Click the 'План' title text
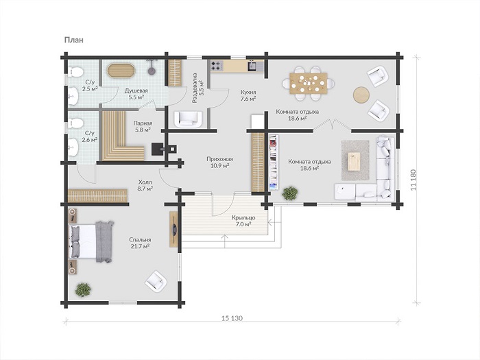(74, 40)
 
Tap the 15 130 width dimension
(232, 318)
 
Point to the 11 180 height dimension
(413, 180)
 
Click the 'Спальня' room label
(140, 240)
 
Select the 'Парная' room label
(143, 123)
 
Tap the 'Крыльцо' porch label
(243, 217)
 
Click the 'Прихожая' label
(219, 159)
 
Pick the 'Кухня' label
(248, 92)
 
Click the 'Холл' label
(145, 182)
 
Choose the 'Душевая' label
(136, 91)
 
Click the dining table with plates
(309, 83)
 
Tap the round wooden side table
(361, 95)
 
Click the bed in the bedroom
(91, 241)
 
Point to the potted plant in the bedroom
(83, 289)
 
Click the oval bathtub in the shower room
(121, 71)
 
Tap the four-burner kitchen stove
(217, 66)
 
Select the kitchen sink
(253, 66)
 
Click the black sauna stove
(160, 149)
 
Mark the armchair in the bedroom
(156, 281)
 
